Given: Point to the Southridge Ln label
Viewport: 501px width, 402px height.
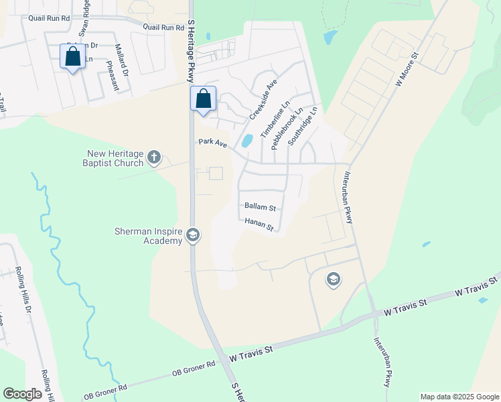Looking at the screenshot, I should pyautogui.click(x=302, y=127).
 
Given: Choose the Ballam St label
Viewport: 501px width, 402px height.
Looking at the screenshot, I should pyautogui.click(x=260, y=208).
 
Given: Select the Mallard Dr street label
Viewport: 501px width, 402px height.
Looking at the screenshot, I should pyautogui.click(x=121, y=60).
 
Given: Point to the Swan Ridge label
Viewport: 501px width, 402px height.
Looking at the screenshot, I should pyautogui.click(x=84, y=17).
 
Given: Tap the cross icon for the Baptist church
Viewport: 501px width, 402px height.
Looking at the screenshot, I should pyautogui.click(x=154, y=158).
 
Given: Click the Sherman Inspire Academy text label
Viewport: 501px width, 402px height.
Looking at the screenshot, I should pyautogui.click(x=147, y=236).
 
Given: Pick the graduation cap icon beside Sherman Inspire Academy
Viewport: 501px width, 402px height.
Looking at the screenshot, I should pyautogui.click(x=193, y=234).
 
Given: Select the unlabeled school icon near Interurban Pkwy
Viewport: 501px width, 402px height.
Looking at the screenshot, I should pyautogui.click(x=334, y=279).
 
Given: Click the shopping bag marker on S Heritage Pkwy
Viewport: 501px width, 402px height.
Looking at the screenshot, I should pyautogui.click(x=204, y=99).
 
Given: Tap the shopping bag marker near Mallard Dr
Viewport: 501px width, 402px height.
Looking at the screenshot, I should pyautogui.click(x=73, y=57).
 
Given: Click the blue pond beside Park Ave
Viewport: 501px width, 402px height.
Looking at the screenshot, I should pyautogui.click(x=247, y=141).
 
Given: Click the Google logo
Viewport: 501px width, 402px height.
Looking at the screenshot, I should pyautogui.click(x=22, y=394).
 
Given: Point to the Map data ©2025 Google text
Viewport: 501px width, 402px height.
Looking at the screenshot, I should pyautogui.click(x=459, y=397).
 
